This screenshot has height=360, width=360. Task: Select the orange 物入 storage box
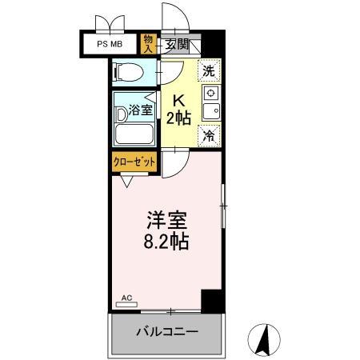pos(148,43)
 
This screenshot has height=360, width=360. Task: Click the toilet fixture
pos(129,74)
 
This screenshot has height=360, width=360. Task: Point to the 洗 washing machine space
pos(209,70)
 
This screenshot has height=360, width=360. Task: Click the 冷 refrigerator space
pos(209,136)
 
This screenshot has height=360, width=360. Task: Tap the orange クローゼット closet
pos(134,162)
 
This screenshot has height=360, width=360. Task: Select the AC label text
pos(126,297)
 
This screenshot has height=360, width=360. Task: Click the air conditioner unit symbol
pos(126,304)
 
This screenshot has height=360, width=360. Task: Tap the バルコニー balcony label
pos(166,332)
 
